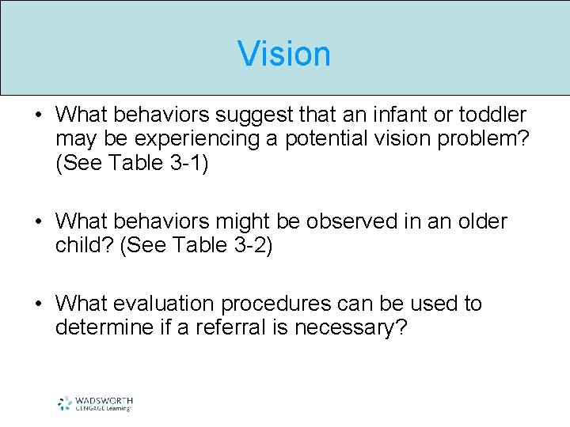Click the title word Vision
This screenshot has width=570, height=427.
pyautogui.click(x=284, y=54)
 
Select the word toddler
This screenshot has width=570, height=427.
pyautogui.click(x=493, y=115)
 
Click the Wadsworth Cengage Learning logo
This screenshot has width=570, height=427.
pyautogui.click(x=94, y=403)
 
